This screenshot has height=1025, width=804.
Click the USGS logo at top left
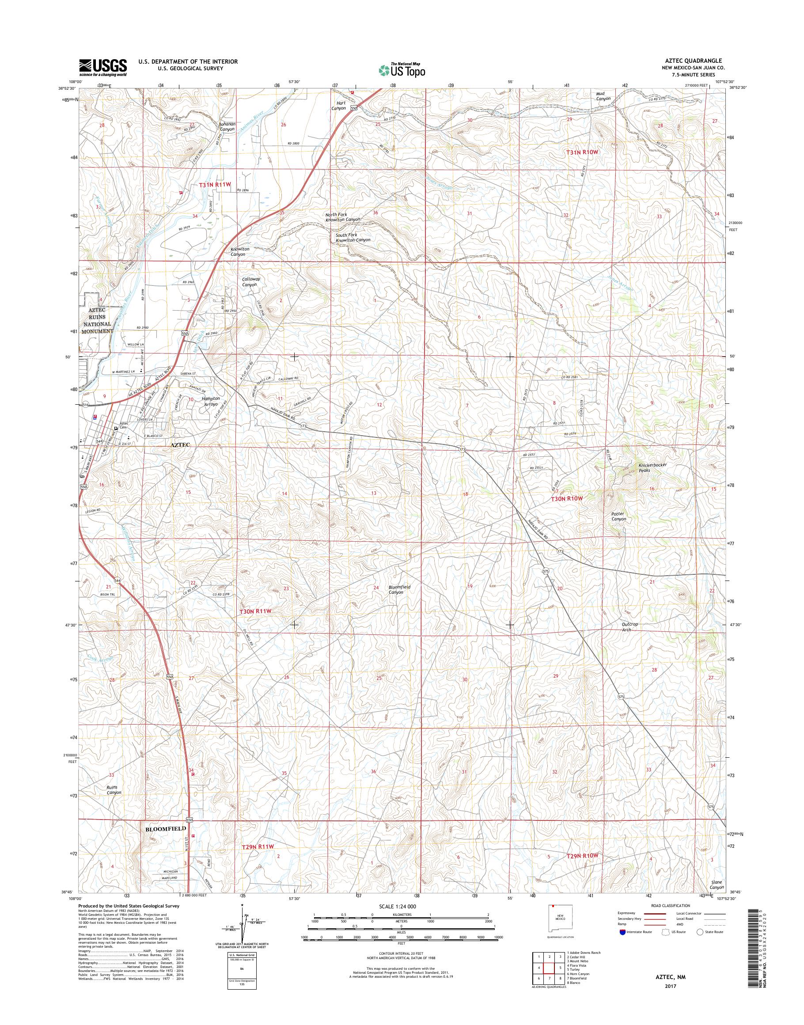(x=102, y=67)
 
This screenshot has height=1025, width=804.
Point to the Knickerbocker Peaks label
(x=652, y=467)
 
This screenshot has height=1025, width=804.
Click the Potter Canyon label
(x=618, y=516)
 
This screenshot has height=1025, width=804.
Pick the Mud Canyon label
(x=603, y=96)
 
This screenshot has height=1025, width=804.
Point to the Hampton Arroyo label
(x=210, y=401)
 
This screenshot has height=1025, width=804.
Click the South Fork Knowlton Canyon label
(x=353, y=237)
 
